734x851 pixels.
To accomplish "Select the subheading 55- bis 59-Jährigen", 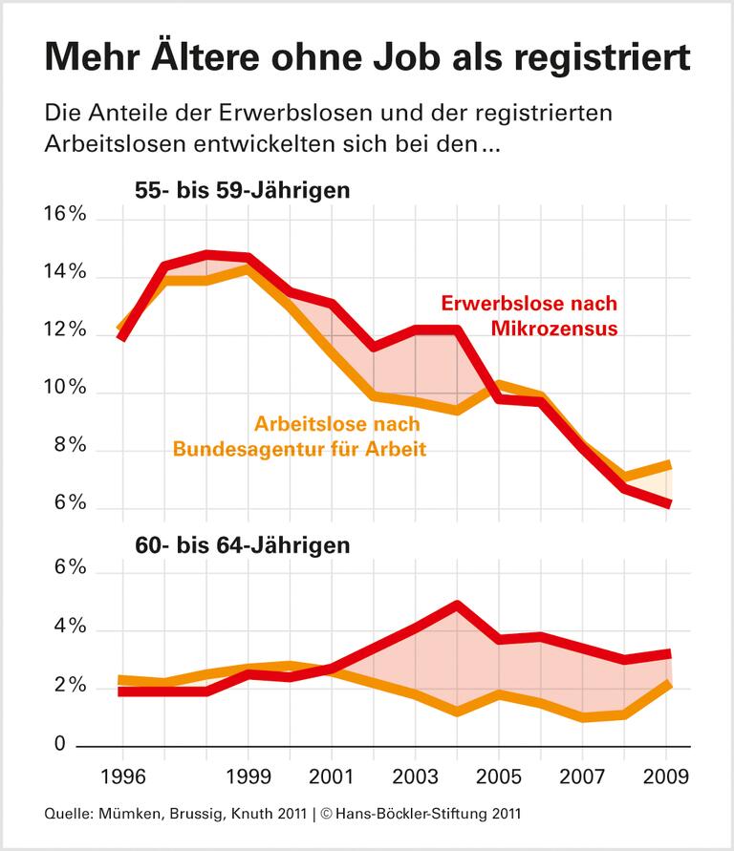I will click(242, 190).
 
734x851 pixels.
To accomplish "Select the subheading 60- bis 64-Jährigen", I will click(242, 546).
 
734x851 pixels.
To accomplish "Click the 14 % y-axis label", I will click(63, 274).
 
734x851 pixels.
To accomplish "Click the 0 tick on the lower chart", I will click(80, 744).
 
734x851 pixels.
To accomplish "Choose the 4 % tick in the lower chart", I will click(69, 628).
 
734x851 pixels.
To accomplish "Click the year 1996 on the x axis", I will click(121, 773).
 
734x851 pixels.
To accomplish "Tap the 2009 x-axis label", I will click(666, 773).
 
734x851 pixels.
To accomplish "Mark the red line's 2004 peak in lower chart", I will click(457, 606).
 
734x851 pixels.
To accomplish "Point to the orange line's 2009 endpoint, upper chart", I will click(669, 465).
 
